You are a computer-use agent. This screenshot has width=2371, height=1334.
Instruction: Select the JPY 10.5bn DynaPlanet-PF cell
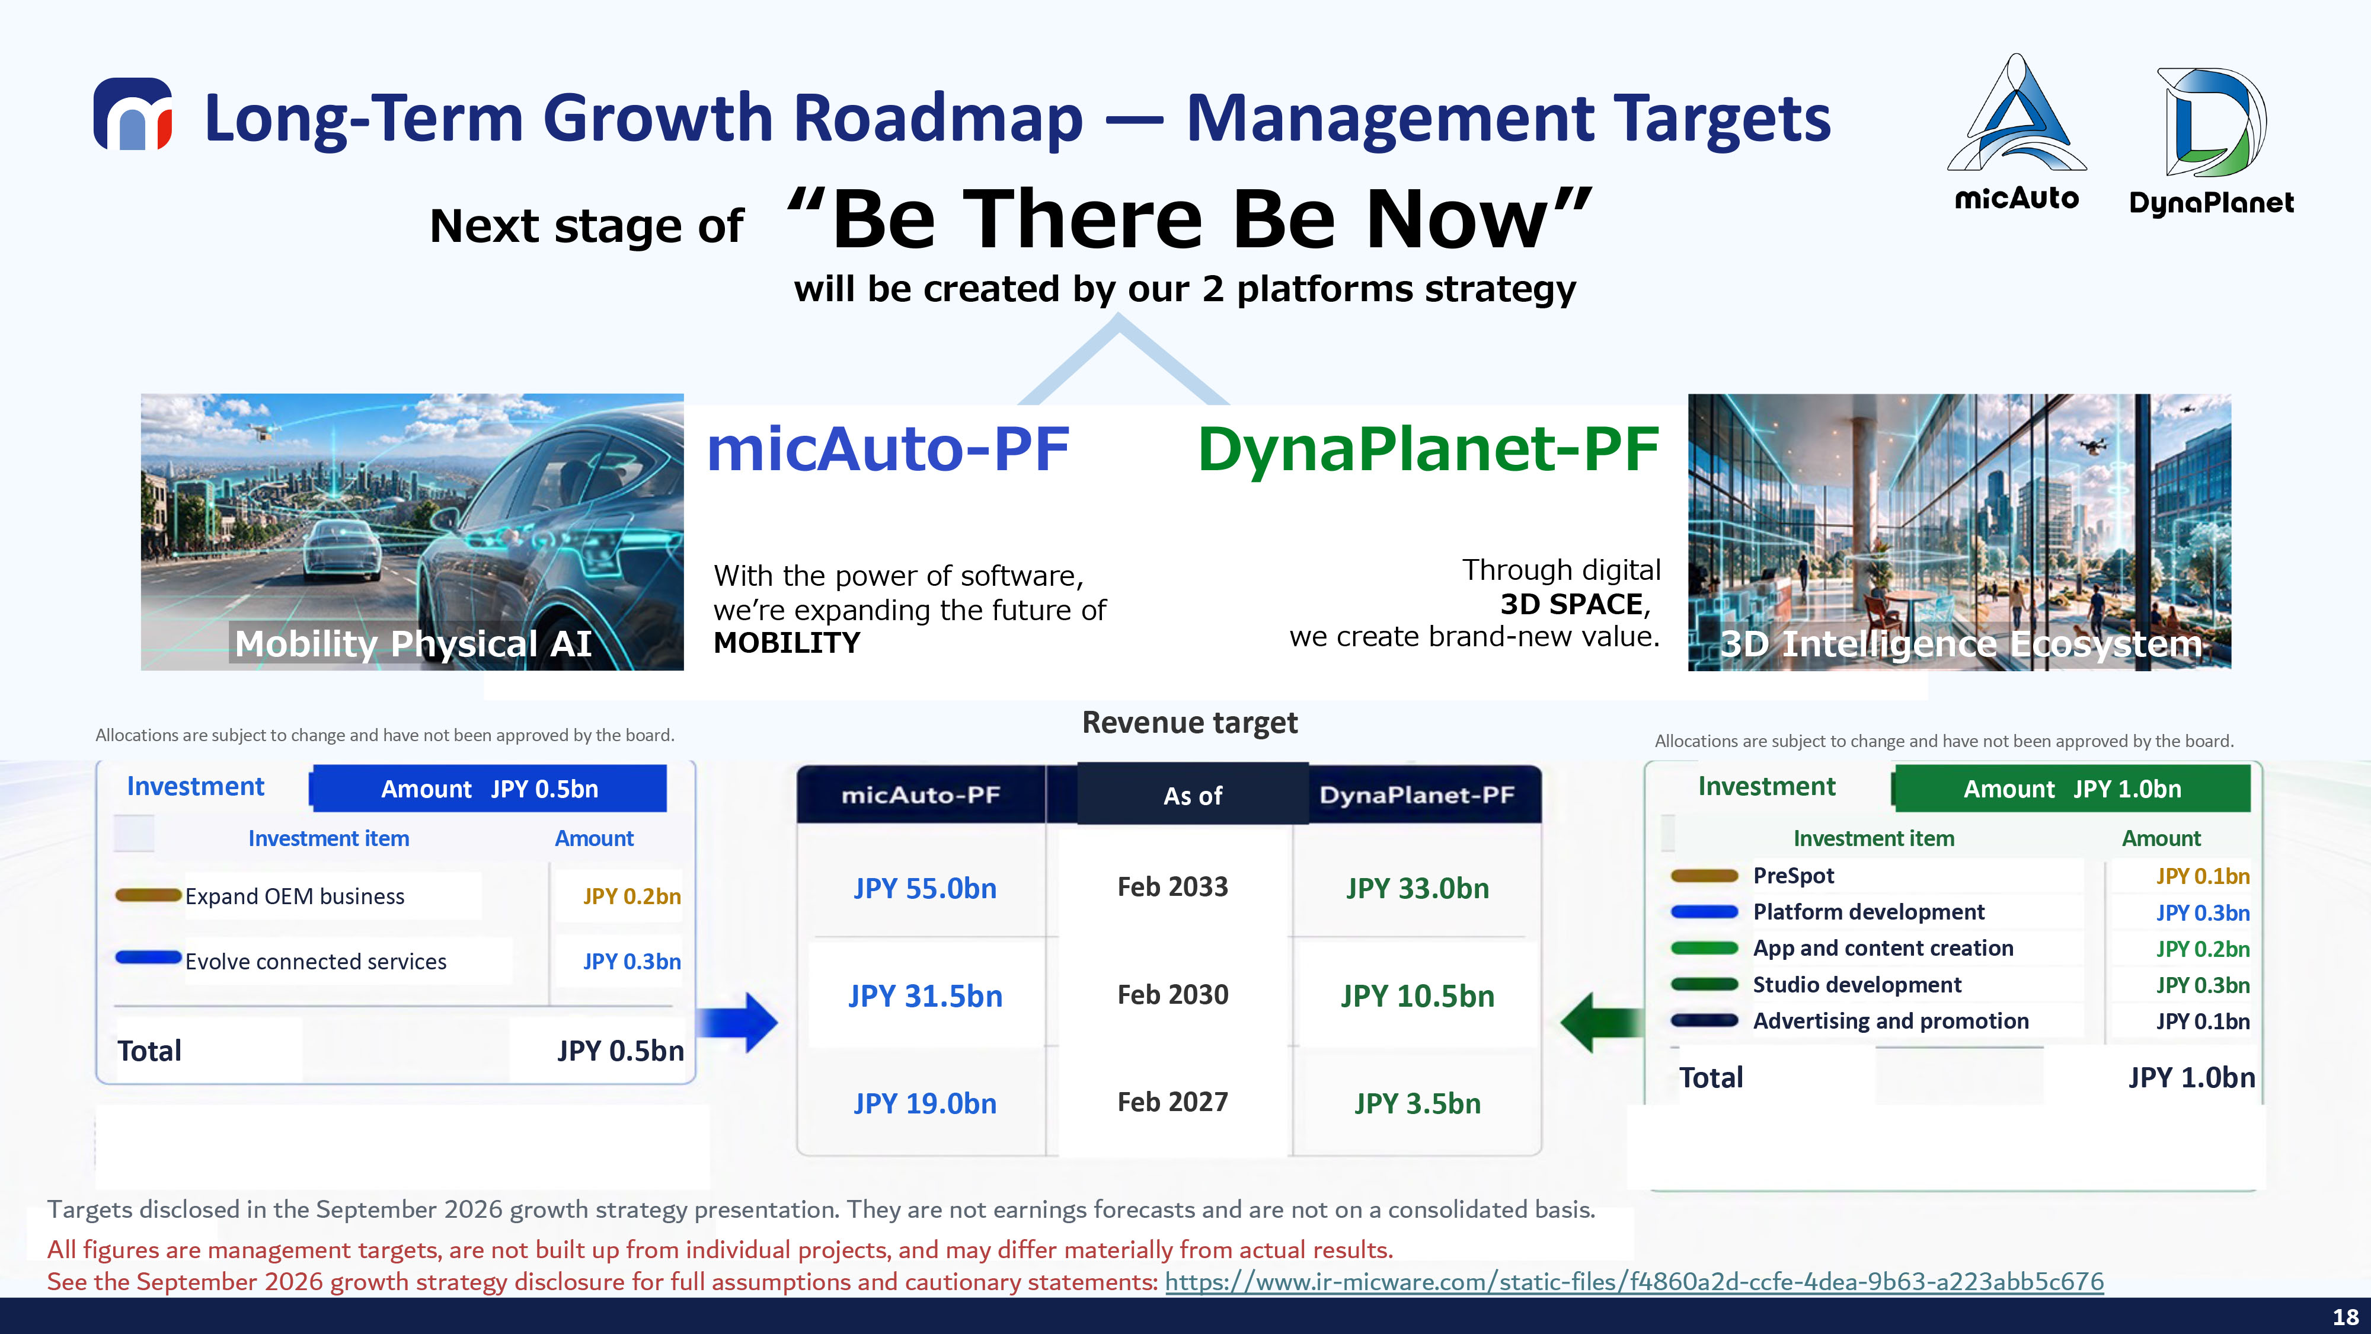(x=1417, y=996)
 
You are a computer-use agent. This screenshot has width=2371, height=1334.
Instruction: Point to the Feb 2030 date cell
(x=1172, y=994)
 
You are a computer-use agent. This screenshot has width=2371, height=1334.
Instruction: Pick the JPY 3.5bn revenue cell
(x=1417, y=1104)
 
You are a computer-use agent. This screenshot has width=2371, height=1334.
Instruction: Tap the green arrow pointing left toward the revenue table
(x=1602, y=1022)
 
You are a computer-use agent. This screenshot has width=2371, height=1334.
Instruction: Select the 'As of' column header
(x=1193, y=796)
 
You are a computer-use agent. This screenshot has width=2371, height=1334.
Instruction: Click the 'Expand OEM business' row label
(x=295, y=896)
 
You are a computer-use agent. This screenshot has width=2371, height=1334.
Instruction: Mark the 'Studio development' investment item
(x=1856, y=985)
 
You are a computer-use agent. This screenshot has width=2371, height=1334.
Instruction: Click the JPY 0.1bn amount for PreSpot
(x=2203, y=876)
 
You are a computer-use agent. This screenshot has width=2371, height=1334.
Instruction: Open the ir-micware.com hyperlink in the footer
(x=1634, y=1281)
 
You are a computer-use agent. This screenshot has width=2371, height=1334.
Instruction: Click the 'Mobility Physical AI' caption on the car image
(x=413, y=643)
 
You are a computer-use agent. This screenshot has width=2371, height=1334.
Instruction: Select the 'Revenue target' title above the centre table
(x=1189, y=723)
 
